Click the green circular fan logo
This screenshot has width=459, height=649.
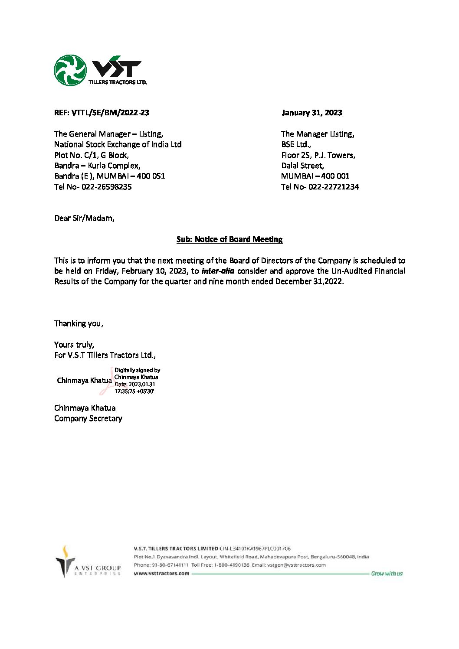[70, 70]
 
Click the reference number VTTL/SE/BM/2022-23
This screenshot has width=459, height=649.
[110, 113]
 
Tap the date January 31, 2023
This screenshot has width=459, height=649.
[311, 113]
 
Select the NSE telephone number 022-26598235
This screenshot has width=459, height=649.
[106, 187]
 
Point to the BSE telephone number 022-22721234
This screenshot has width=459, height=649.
[333, 187]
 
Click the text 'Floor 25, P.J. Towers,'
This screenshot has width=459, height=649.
[318, 155]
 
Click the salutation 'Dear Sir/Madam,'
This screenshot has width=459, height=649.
[84, 218]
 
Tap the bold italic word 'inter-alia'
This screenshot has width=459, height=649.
[218, 271]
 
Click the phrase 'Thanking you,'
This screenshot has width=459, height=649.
[79, 323]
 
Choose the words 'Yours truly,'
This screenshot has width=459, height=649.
[74, 345]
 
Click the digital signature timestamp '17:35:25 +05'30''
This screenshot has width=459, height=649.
[134, 391]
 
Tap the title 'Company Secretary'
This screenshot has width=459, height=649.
[88, 418]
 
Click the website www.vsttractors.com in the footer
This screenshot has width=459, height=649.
[161, 573]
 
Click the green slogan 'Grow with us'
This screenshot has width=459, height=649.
[387, 574]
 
